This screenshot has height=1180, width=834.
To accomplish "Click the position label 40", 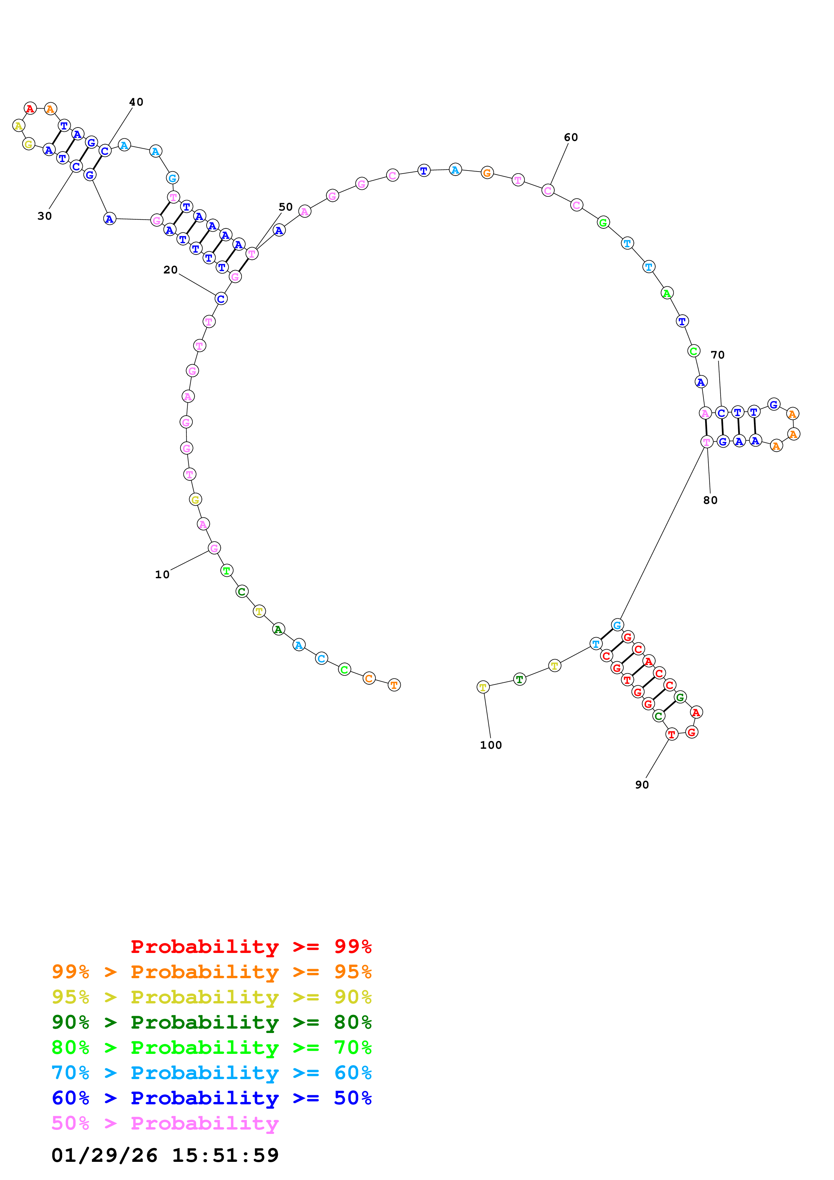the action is (x=136, y=102).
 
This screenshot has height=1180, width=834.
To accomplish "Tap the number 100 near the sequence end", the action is (x=491, y=745).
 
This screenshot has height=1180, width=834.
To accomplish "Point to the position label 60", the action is (x=571, y=137).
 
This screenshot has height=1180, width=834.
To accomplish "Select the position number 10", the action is (x=162, y=575).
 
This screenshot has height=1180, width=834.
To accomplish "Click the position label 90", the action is (x=642, y=785).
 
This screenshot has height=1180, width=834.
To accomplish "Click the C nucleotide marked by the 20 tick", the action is (x=221, y=299).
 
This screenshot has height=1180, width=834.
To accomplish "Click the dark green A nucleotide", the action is (x=279, y=629).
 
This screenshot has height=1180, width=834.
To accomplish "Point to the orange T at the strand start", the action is (x=394, y=685).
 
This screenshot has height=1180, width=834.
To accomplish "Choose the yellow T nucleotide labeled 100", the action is (x=483, y=687).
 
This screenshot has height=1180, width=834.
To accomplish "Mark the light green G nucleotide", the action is (x=603, y=223).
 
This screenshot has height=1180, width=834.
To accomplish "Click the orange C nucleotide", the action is (x=369, y=678).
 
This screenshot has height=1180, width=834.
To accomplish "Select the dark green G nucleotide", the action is (x=680, y=697).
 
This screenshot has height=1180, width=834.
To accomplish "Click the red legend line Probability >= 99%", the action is (x=251, y=947).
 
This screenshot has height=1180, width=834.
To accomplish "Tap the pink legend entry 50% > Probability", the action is (x=165, y=1123).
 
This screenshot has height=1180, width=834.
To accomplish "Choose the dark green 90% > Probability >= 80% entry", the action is (x=211, y=1022).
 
